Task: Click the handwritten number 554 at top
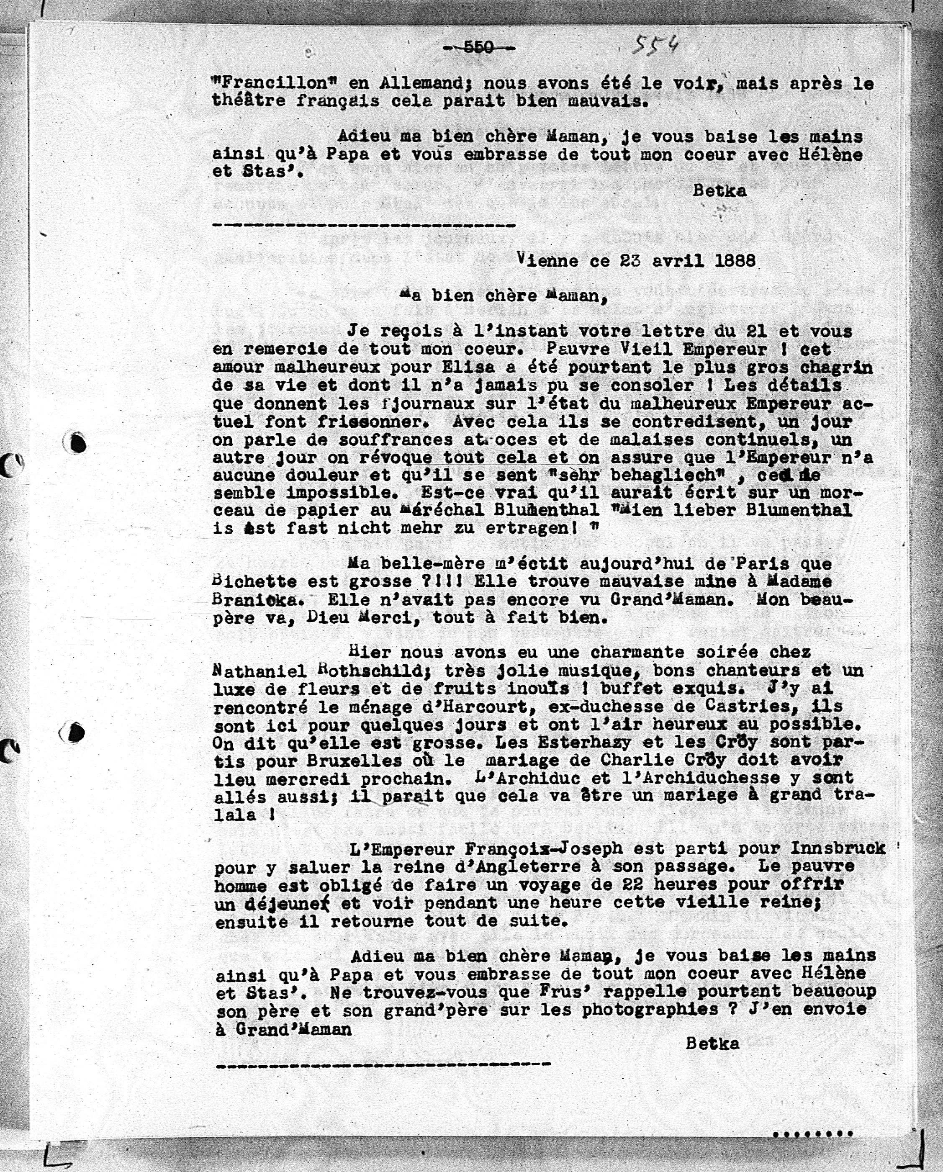point(655,44)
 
